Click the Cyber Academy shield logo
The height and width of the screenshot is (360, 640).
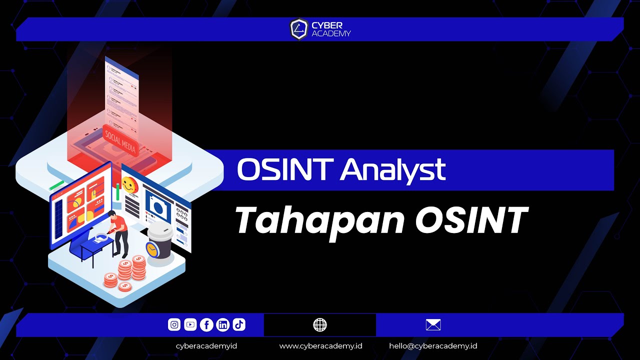coord(298,29)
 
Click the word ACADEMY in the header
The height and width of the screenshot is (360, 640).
coord(331,34)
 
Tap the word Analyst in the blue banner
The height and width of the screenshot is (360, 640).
coord(393,170)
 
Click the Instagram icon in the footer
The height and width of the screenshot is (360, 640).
coord(174,325)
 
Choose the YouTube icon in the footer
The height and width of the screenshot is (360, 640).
coord(190,325)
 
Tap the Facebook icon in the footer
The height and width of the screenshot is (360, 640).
coord(206,325)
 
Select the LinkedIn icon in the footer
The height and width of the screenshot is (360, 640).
coord(223,325)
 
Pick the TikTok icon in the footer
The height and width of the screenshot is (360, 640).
coord(239,325)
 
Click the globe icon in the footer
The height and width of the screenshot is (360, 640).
coord(320,325)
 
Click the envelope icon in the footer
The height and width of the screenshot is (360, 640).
coord(433,325)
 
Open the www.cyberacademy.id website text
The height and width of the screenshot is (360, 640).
coord(320,346)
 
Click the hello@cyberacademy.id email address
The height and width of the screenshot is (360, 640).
coord(433,346)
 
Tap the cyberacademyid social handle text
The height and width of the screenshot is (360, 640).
coord(206,346)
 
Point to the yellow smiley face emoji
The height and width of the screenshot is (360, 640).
coord(129,185)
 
